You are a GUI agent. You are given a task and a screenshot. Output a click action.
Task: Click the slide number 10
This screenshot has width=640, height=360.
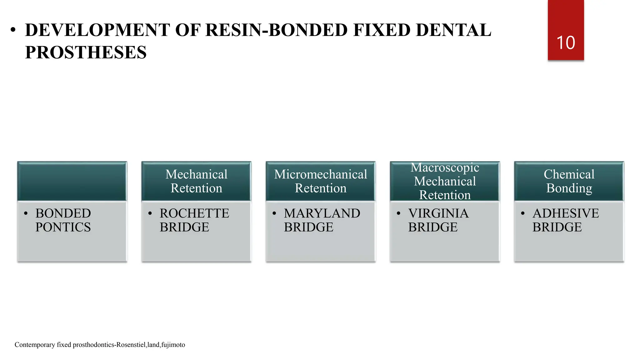566,43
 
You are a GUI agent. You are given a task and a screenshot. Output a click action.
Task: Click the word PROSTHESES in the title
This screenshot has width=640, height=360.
86,52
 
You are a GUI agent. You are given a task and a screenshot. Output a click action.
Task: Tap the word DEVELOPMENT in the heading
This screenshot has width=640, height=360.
97,30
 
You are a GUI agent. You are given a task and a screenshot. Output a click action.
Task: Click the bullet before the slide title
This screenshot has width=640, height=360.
13,30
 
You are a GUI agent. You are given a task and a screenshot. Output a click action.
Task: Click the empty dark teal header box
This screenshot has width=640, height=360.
72,181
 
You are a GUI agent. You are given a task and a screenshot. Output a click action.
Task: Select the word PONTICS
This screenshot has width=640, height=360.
63,227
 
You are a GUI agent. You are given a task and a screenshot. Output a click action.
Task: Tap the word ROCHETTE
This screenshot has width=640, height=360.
194,213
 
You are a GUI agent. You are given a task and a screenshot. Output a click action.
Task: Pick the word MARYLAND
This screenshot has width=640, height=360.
322,213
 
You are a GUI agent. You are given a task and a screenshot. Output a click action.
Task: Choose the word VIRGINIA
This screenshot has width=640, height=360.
438,213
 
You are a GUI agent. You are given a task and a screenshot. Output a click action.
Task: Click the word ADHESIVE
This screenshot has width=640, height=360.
566,213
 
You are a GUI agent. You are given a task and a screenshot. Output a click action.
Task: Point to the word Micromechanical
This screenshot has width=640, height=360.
321,174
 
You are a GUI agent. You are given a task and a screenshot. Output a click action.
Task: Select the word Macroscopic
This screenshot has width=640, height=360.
445,167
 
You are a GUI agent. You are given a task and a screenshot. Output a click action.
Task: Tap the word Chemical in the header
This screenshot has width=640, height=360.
569,174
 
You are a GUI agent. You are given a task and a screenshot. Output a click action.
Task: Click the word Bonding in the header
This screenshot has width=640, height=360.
569,188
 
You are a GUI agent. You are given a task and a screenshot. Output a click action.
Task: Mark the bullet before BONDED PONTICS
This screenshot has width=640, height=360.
26,214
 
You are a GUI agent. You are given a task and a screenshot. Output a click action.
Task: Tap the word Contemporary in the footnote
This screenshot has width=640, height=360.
35,345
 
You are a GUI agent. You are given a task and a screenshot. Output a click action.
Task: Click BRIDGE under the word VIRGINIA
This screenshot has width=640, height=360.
433,227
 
